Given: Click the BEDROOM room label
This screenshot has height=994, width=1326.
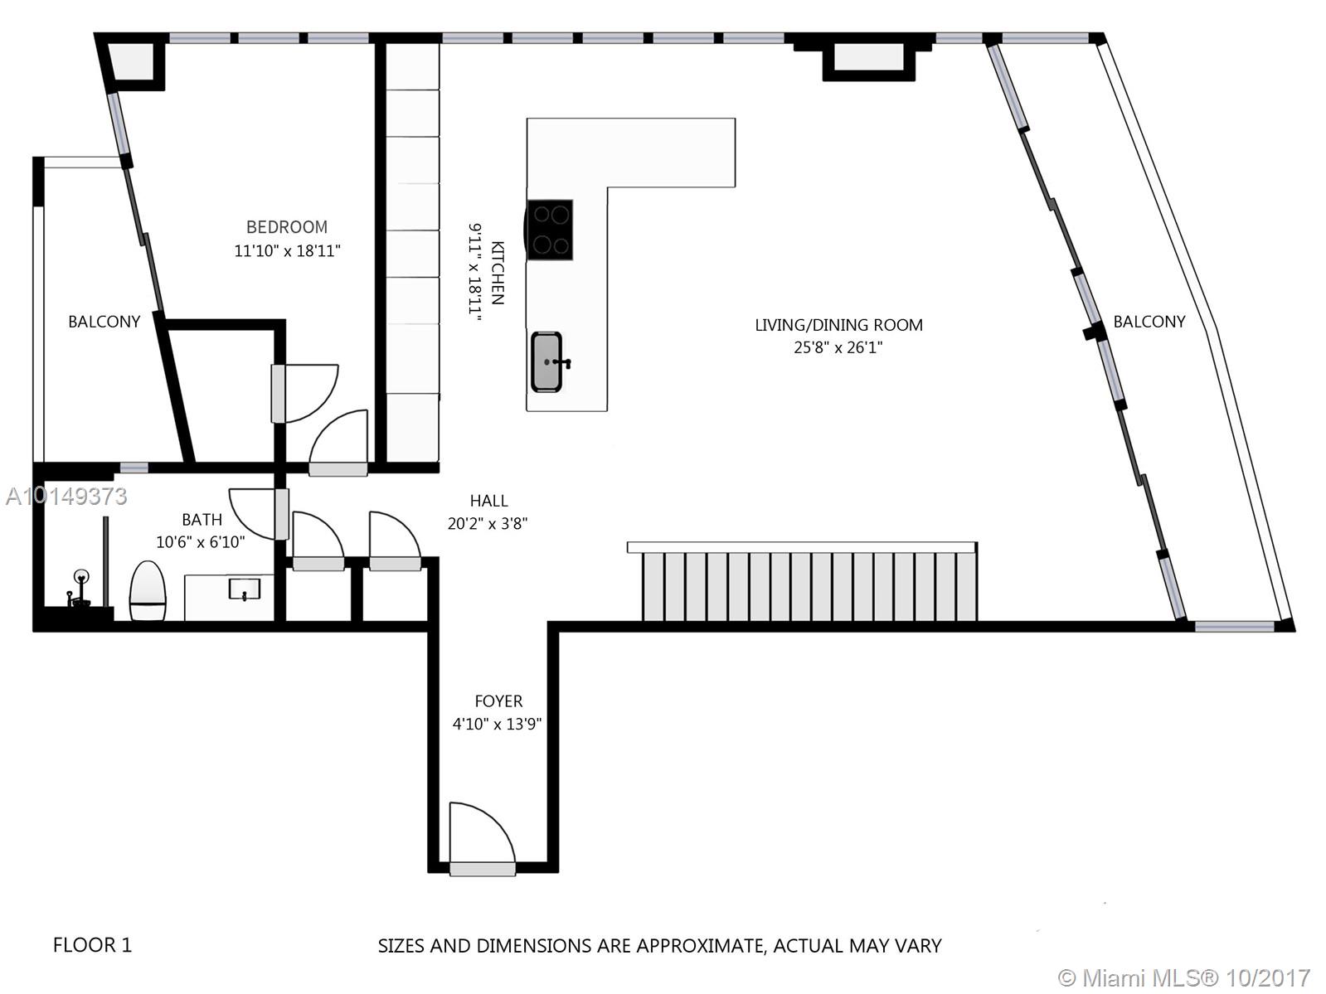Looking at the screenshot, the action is click(x=287, y=227).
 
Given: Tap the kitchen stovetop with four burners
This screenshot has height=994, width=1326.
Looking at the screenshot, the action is click(x=549, y=230).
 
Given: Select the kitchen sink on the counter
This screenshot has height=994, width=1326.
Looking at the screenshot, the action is click(x=547, y=361).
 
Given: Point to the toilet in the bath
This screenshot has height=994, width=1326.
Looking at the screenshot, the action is click(x=148, y=590).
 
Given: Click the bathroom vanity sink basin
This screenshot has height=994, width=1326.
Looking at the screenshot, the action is click(x=244, y=589).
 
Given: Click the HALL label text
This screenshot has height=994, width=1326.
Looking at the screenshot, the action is click(x=488, y=501).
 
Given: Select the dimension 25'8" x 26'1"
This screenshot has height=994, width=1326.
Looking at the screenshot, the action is click(x=838, y=348).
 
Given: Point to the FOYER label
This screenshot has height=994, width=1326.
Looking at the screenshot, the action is click(x=498, y=701).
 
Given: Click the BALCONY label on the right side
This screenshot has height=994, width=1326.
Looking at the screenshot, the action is click(x=1149, y=322).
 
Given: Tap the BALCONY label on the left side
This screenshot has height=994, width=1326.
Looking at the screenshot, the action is click(x=104, y=322).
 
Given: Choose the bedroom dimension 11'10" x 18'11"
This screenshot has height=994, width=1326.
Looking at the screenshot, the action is click(x=288, y=251).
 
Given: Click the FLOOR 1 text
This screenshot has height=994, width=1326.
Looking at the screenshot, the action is click(x=92, y=944).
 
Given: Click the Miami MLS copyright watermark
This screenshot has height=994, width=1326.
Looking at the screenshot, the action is click(x=1185, y=977).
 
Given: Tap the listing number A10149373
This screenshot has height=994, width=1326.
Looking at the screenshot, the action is click(x=66, y=497).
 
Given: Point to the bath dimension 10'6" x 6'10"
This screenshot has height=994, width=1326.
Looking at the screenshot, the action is click(x=201, y=542).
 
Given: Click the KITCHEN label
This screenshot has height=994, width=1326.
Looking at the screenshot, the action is click(x=498, y=273).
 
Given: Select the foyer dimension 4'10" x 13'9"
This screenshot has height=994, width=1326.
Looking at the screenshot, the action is click(x=498, y=724).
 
